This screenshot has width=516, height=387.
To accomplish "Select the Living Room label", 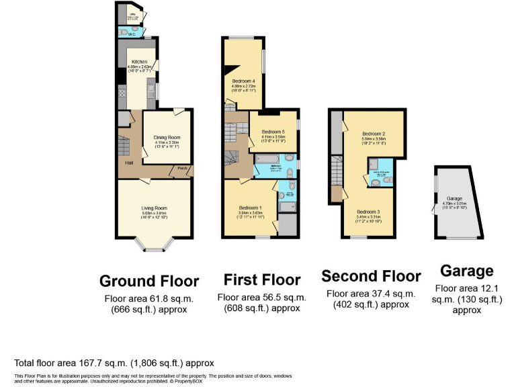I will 154,208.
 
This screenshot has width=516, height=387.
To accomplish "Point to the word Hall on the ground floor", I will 128,163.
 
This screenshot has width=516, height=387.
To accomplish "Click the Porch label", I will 181,169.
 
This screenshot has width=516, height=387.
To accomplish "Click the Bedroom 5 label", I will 273,131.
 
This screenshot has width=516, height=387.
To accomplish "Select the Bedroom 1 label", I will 249,207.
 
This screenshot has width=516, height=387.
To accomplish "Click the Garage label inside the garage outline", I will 454,199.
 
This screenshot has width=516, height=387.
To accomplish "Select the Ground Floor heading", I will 149,280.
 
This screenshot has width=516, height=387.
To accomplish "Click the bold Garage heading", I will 466,271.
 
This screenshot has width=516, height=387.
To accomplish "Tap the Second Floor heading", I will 371,275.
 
